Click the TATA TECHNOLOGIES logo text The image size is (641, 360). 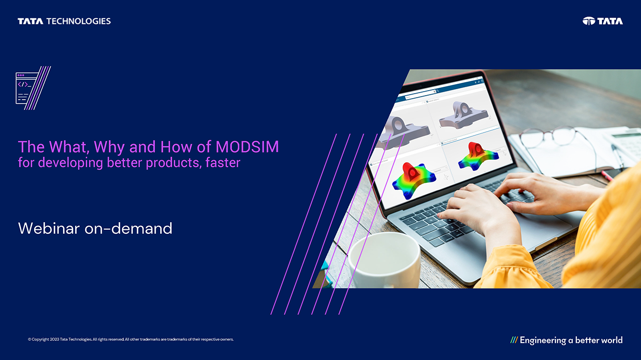point(64,21)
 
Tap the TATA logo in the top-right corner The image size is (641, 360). point(603,21)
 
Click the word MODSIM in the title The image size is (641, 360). point(247,147)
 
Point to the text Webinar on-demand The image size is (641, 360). point(95,228)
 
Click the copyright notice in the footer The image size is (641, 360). point(131,339)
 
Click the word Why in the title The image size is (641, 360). point(110,147)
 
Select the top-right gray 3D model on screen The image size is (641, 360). point(460,114)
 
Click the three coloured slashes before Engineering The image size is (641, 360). point(514,340)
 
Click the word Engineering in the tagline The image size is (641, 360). point(543,340)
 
